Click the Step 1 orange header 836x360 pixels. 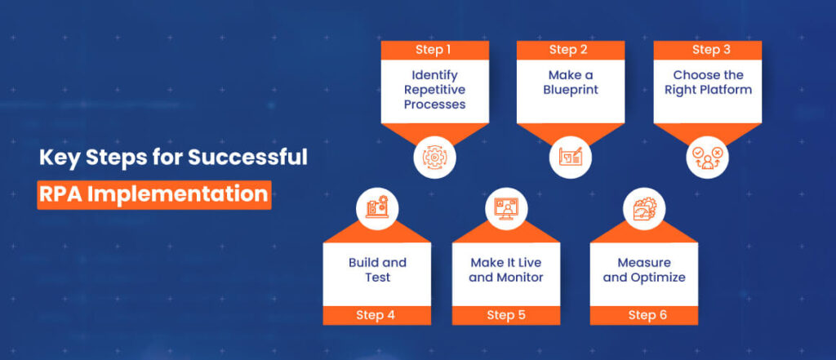pos(435,50)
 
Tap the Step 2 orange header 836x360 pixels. pos(569,50)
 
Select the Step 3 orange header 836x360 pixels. pos(706,50)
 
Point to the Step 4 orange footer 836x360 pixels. pos(376,314)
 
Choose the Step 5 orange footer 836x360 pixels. pos(506,314)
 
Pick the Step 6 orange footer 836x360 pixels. pos(643,314)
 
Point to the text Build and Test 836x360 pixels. pos(376,269)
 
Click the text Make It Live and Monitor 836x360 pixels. pos(506,269)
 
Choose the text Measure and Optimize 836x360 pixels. pos(643,269)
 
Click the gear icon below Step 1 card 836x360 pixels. pos(435,159)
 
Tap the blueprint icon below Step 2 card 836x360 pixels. pos(569,159)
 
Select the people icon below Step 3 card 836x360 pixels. pos(706,159)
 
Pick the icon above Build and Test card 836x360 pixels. pos(376,208)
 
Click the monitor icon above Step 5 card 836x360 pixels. pos(506,208)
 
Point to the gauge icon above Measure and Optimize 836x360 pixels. pos(643,208)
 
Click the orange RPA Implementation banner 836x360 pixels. pos(153,194)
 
